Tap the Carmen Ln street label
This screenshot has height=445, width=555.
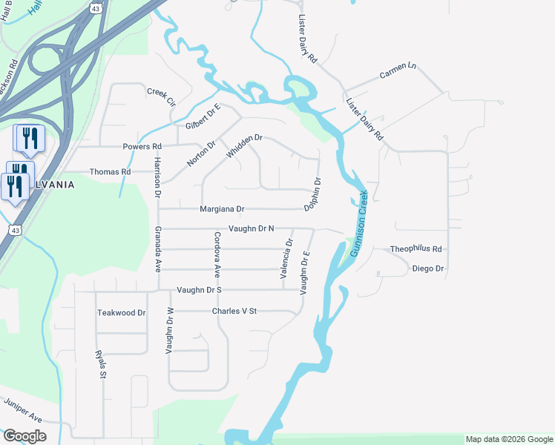click(398, 70)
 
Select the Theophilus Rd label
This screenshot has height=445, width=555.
click(416, 249)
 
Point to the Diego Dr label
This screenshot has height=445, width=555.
click(427, 268)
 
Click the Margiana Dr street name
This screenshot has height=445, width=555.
click(222, 210)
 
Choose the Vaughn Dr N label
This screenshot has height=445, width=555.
click(252, 229)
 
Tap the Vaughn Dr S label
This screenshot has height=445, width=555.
click(199, 289)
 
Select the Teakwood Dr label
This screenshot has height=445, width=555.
click(122, 313)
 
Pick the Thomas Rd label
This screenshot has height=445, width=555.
click(110, 171)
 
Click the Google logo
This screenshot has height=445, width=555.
click(24, 436)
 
